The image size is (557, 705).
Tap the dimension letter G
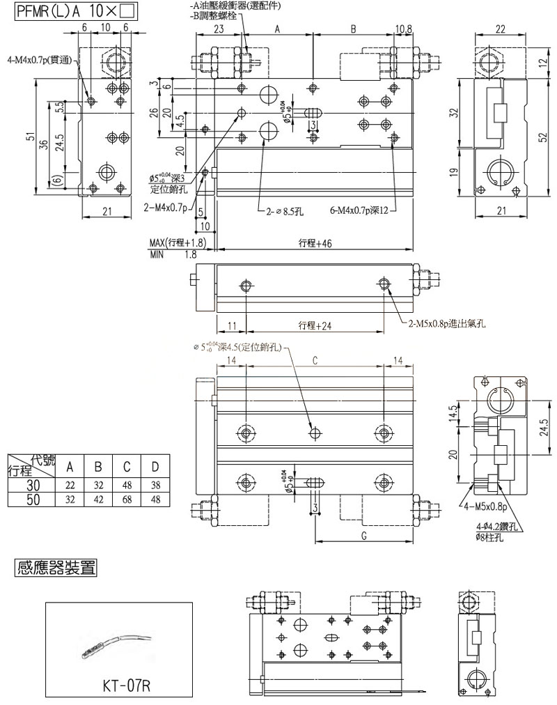pos(365,535)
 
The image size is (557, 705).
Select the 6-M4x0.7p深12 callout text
pos(361,208)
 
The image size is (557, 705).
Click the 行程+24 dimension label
pos(313,325)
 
